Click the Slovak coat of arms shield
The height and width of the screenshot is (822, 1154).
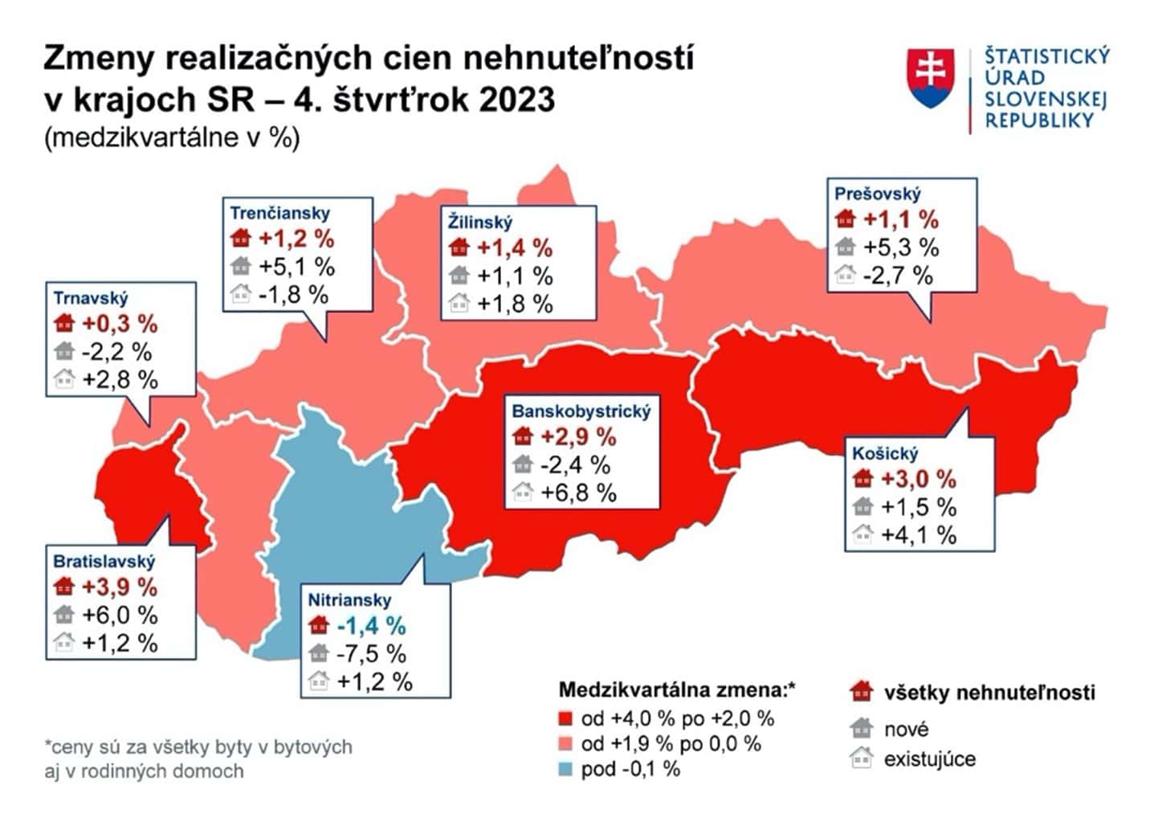(x=932, y=78)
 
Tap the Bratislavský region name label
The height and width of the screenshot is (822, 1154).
(x=104, y=561)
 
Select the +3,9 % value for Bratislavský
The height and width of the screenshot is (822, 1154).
(x=120, y=587)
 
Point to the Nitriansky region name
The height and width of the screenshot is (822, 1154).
(x=349, y=599)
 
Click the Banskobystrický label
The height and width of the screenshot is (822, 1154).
(x=581, y=411)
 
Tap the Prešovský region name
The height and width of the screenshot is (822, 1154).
(x=877, y=194)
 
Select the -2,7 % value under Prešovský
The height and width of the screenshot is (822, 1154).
(x=898, y=276)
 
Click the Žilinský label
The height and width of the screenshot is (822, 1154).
(x=479, y=222)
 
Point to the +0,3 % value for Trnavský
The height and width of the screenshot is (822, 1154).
(x=120, y=324)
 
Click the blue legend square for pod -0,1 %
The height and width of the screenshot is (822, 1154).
(x=566, y=769)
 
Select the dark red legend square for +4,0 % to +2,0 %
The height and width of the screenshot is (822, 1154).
(x=566, y=718)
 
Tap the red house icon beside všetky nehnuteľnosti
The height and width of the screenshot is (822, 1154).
(x=861, y=691)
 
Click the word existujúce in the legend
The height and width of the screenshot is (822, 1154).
(x=930, y=759)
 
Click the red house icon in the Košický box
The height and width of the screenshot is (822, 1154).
(x=862, y=480)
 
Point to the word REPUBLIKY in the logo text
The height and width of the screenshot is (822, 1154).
(x=1039, y=121)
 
